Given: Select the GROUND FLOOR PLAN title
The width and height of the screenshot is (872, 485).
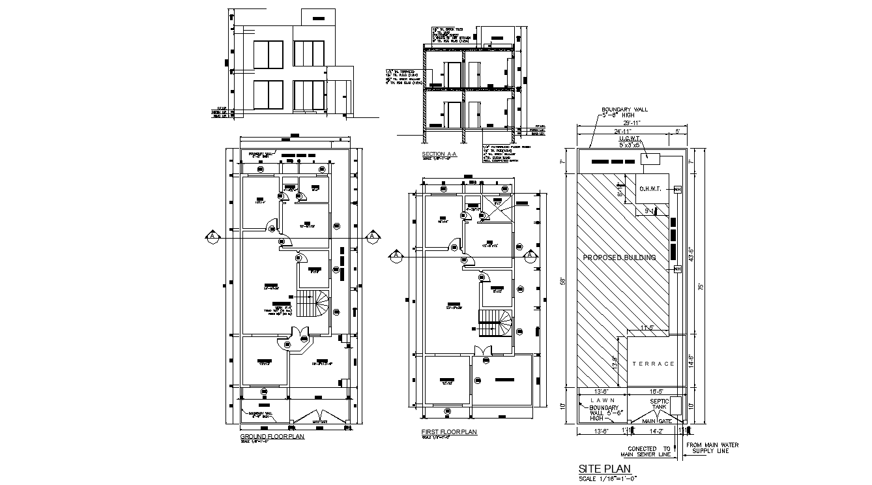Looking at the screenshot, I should pos(272,436).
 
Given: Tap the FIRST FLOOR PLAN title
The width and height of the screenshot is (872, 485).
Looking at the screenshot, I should pos(450,432).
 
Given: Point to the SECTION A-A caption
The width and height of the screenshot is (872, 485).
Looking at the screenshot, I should pos(439,154).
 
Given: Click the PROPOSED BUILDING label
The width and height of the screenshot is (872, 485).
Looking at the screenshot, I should pos(618,257).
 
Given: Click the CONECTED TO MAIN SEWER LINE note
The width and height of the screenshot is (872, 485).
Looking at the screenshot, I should pos(649,452).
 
